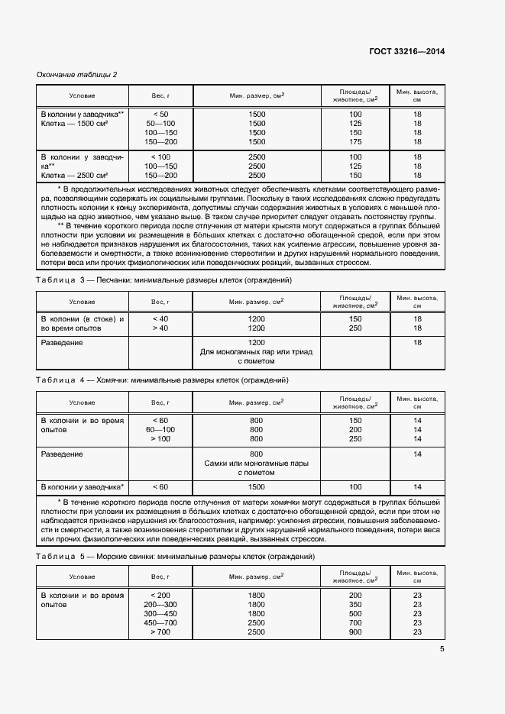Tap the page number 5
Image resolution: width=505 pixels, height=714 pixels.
coord(442,649)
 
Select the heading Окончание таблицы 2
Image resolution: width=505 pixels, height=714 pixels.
coord(77,74)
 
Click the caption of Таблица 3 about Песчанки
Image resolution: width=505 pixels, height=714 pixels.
coord(164,280)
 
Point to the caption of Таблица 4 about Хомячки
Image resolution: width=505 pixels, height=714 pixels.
coord(162,380)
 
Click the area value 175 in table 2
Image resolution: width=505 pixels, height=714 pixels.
coord(355,142)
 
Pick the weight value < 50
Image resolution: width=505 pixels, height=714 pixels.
coord(160,115)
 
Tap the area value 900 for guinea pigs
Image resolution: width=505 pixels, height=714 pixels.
coord(355,632)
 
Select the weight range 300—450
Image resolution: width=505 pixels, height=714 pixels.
coord(160,613)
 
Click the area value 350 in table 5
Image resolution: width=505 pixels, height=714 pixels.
coord(355,604)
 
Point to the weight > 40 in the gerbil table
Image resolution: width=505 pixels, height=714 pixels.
coord(160,328)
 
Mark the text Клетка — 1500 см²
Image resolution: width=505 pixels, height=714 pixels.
coord(74,124)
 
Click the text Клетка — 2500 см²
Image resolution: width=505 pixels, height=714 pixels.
coord(74,175)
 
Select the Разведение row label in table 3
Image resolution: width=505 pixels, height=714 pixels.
coord(62,343)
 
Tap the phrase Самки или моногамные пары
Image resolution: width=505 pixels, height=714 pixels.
coord(256,464)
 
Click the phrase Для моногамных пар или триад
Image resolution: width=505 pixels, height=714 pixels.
coord(256,352)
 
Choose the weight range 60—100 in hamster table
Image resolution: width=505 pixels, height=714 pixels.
coord(160,430)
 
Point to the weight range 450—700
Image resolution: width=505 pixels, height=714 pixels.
coord(160,623)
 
